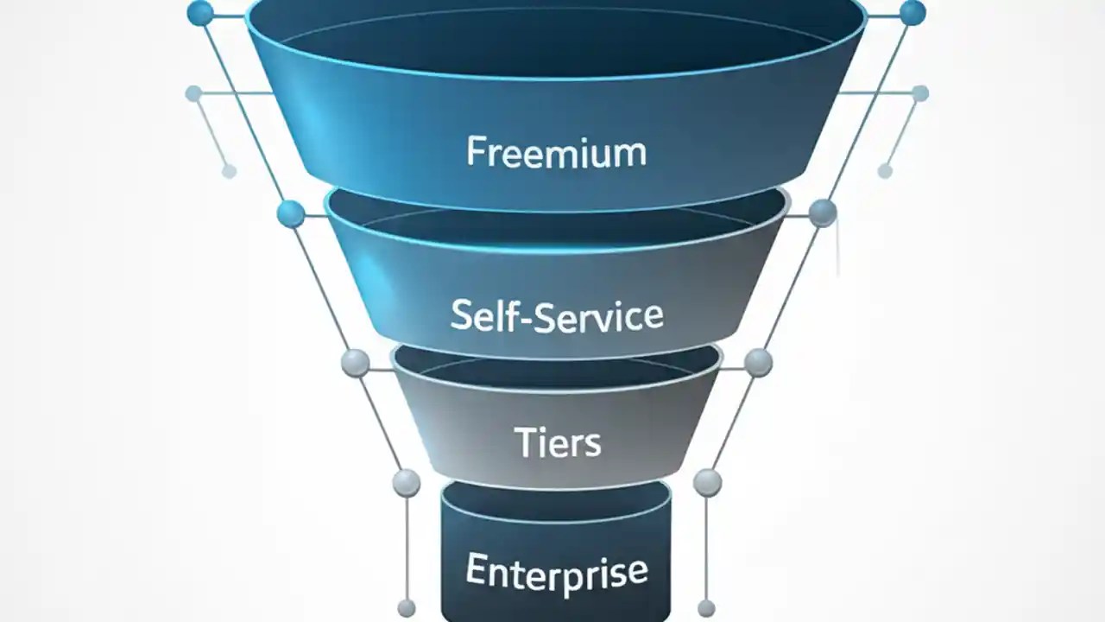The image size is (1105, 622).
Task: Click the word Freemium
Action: (556, 152)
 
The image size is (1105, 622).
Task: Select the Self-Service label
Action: (557, 316)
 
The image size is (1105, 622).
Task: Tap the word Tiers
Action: (557, 442)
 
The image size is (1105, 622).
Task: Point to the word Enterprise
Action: (556, 571)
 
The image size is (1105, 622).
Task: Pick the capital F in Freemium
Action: (475, 152)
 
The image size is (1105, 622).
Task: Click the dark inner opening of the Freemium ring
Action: (556, 39)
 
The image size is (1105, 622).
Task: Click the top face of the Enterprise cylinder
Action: (556, 499)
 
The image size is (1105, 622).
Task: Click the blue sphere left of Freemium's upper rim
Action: (199, 13)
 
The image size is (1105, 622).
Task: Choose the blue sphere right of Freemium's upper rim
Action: (912, 13)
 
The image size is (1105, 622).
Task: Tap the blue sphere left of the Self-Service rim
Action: (291, 213)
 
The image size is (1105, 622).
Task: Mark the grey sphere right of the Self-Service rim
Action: (822, 213)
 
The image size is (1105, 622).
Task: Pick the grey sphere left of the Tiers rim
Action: (355, 363)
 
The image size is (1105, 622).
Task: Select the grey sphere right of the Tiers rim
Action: (758, 362)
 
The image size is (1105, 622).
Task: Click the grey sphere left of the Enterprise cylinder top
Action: (406, 483)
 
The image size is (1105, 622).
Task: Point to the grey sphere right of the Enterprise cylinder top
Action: (707, 482)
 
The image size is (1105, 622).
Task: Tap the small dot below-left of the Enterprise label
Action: (406, 608)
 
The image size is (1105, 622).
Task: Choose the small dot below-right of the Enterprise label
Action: (706, 608)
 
